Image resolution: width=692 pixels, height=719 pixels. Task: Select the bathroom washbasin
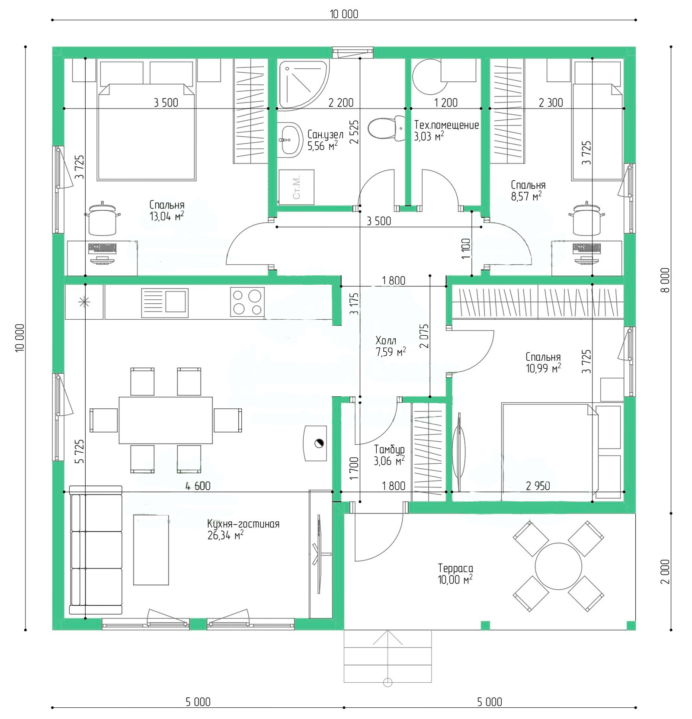coord(290,139)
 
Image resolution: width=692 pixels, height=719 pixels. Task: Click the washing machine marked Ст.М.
coord(296,187)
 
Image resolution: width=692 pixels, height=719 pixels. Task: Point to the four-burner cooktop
coord(247,302)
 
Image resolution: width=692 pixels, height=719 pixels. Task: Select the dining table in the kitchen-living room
coord(166,420)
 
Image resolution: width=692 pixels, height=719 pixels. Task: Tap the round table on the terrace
coord(558,566)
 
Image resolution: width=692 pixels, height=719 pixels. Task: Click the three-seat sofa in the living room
coord(96,550)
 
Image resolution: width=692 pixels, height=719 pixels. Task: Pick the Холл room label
coord(386,340)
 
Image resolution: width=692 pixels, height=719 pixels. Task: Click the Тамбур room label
coord(389,449)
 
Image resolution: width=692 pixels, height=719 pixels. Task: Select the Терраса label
coord(455,568)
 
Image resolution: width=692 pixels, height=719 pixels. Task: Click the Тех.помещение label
coord(446,125)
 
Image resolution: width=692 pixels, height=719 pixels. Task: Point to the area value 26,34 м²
coord(225,536)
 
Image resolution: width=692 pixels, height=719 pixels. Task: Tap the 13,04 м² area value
coord(167,216)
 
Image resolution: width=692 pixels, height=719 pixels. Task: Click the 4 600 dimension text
coord(198,486)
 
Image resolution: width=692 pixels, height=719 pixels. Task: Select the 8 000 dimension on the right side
coord(665,280)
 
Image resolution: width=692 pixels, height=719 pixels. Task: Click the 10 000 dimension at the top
coord(344,14)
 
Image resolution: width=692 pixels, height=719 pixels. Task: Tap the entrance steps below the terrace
coord(388,656)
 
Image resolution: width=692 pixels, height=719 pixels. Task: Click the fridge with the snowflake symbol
coord(84,302)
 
